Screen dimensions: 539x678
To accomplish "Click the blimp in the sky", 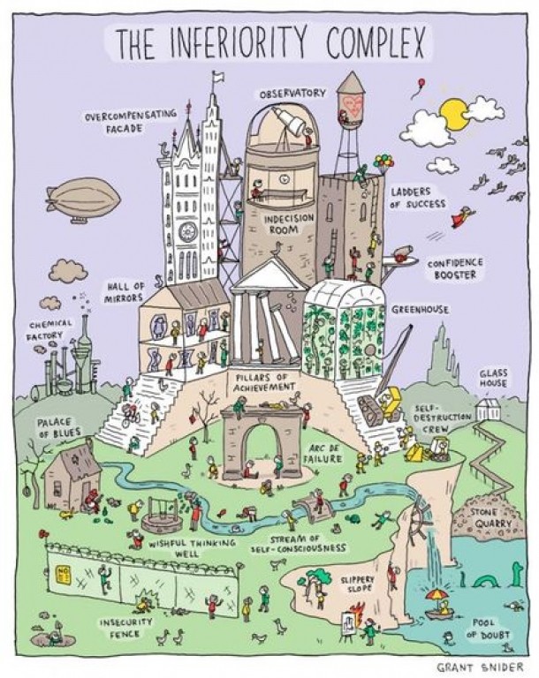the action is click(83, 200).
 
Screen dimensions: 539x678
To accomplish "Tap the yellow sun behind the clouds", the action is click(452, 113).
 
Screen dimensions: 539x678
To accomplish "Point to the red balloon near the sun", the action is click(421, 83).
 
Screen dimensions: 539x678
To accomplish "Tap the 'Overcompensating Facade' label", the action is click(131, 121).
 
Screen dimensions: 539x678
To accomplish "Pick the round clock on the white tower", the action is click(188, 232).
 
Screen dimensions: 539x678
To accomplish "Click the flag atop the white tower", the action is click(218, 78).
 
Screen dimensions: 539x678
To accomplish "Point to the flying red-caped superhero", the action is click(463, 216).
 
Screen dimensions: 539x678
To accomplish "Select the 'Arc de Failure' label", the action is click(323, 453).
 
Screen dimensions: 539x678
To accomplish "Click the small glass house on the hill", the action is click(489, 409).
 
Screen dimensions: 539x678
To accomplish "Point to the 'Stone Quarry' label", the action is click(494, 518).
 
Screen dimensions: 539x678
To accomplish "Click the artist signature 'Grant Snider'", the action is click(480, 667).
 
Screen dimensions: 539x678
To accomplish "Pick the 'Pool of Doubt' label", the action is click(488, 629).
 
